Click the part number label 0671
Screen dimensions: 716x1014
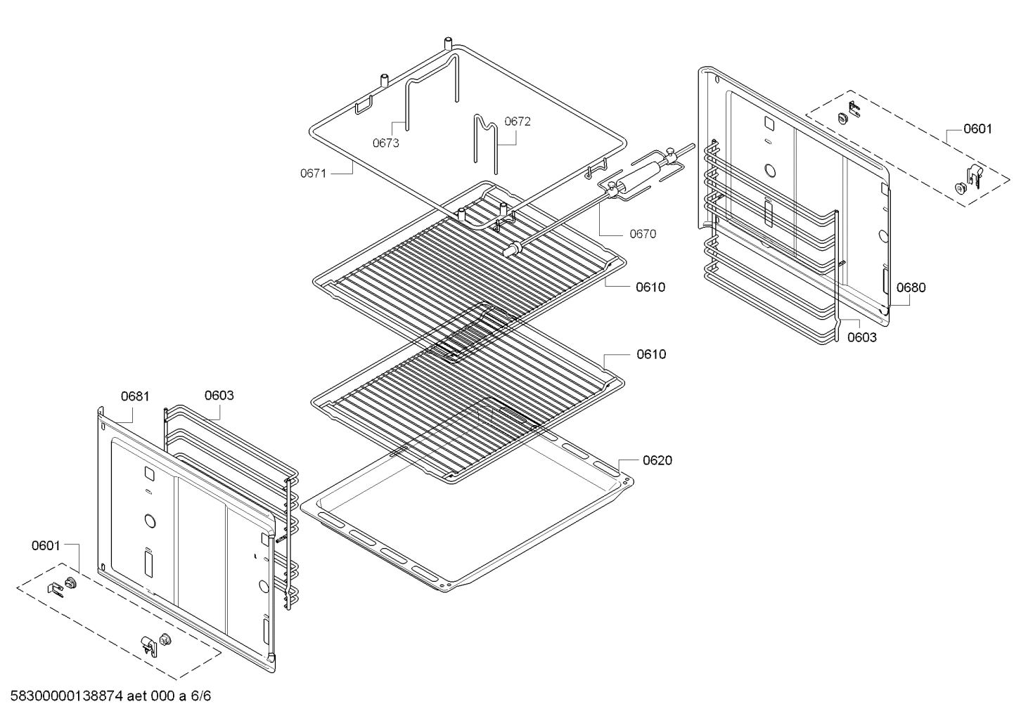(313, 173)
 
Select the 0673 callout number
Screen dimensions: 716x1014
(385, 143)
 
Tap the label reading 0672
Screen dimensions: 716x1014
(518, 122)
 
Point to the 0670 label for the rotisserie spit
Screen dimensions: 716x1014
(643, 234)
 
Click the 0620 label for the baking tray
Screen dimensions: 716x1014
(657, 460)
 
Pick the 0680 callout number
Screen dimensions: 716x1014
(911, 287)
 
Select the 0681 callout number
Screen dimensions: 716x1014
(135, 396)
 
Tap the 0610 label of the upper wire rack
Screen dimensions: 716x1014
(650, 287)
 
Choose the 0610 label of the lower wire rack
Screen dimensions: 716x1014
(650, 354)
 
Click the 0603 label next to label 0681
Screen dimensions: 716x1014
(219, 396)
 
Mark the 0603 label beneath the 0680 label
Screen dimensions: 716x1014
(861, 337)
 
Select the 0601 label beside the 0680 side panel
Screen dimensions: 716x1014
(977, 129)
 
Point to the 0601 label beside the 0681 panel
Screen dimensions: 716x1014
(46, 545)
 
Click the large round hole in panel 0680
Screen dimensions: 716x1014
(771, 171)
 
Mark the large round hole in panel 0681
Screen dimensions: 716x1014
(149, 521)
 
